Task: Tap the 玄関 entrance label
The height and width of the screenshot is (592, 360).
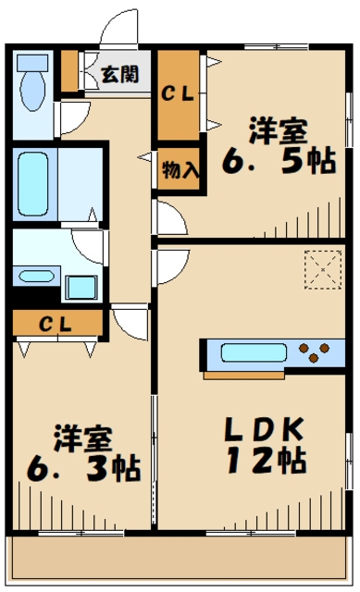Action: coord(119,74)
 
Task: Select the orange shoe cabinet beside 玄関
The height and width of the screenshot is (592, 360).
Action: coord(69,70)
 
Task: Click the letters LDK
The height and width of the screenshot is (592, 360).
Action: coord(261,429)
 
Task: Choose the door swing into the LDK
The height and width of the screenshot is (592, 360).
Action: coord(169,266)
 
